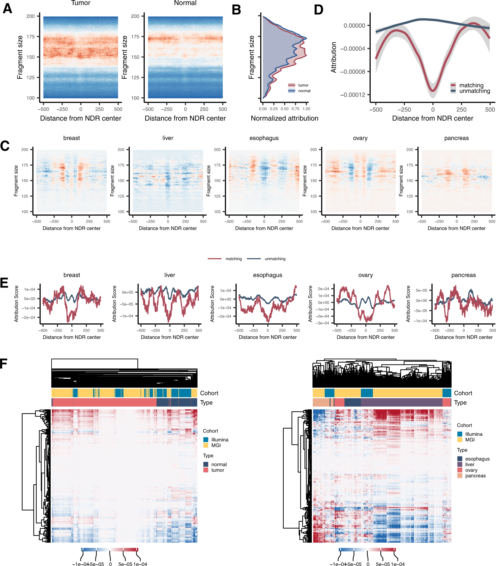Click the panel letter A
[8, 8]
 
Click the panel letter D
[319, 10]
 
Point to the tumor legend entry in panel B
[303, 85]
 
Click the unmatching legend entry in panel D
[474, 91]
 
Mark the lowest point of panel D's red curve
[433, 90]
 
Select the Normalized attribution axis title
[284, 119]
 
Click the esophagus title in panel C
[264, 138]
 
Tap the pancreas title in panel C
[456, 138]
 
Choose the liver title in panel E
[169, 275]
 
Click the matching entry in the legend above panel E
[233, 259]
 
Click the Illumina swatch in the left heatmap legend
[206, 440]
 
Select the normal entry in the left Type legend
[219, 464]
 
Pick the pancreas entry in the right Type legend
[475, 476]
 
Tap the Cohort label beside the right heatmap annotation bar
[463, 393]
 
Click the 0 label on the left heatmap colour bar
[110, 564]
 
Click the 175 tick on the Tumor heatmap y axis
[31, 37]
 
